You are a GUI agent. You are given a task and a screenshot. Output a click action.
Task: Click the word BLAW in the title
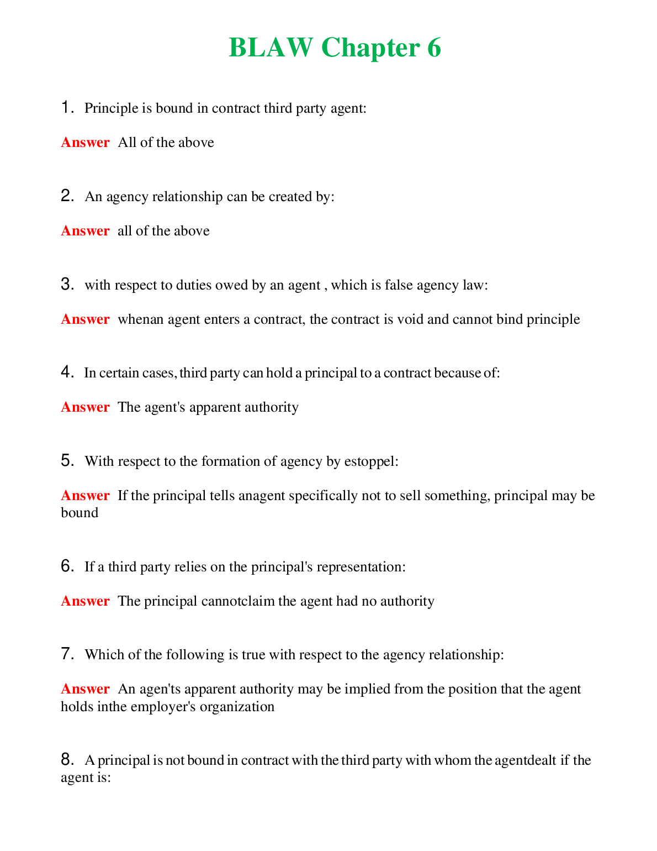pyautogui.click(x=271, y=48)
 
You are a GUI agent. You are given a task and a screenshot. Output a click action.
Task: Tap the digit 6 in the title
pyautogui.click(x=433, y=48)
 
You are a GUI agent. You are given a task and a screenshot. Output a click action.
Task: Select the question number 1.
pyautogui.click(x=67, y=107)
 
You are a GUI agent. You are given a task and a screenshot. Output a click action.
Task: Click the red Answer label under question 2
pyautogui.click(x=85, y=231)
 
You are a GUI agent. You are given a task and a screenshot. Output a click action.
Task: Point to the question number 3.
pyautogui.click(x=67, y=285)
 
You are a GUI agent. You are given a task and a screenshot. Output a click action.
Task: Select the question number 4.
pyautogui.click(x=67, y=372)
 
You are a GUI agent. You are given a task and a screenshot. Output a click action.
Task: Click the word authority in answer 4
pyautogui.click(x=271, y=407)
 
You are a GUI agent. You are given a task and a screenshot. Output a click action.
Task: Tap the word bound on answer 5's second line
pyautogui.click(x=80, y=513)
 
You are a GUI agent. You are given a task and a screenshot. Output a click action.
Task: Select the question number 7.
pyautogui.click(x=67, y=654)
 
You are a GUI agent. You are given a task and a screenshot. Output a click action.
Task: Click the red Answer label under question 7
pyautogui.click(x=85, y=689)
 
